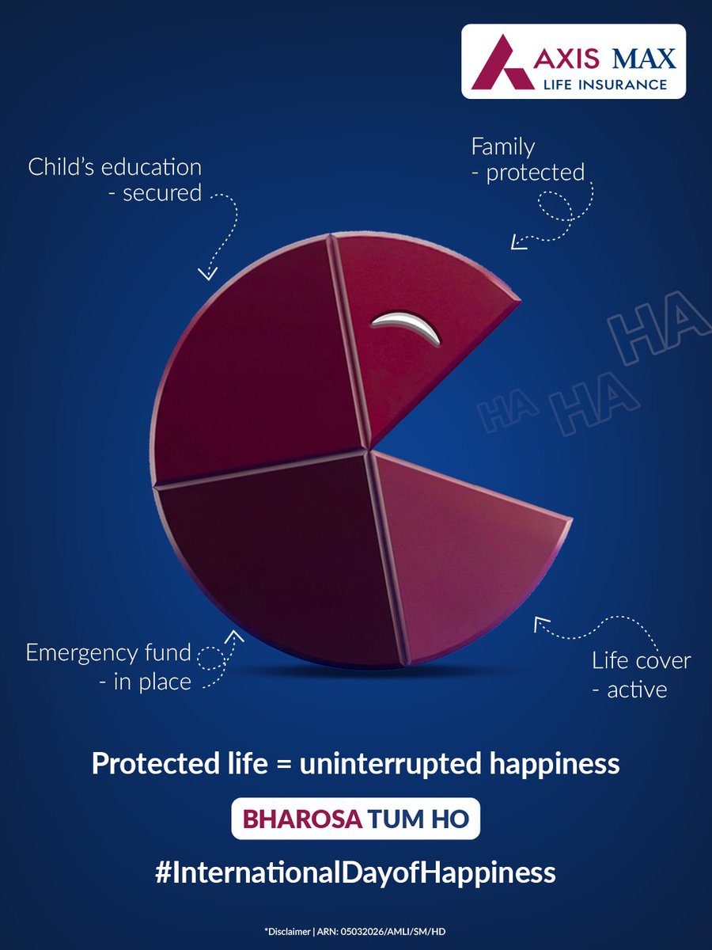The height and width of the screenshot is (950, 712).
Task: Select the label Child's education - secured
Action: click(x=116, y=180)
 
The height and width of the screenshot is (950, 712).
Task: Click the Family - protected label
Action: click(x=527, y=160)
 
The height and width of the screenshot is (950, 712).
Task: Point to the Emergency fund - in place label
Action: click(x=109, y=667)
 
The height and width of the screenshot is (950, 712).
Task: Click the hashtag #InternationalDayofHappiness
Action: click(x=356, y=872)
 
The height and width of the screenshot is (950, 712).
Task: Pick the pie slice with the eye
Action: click(x=411, y=340)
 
